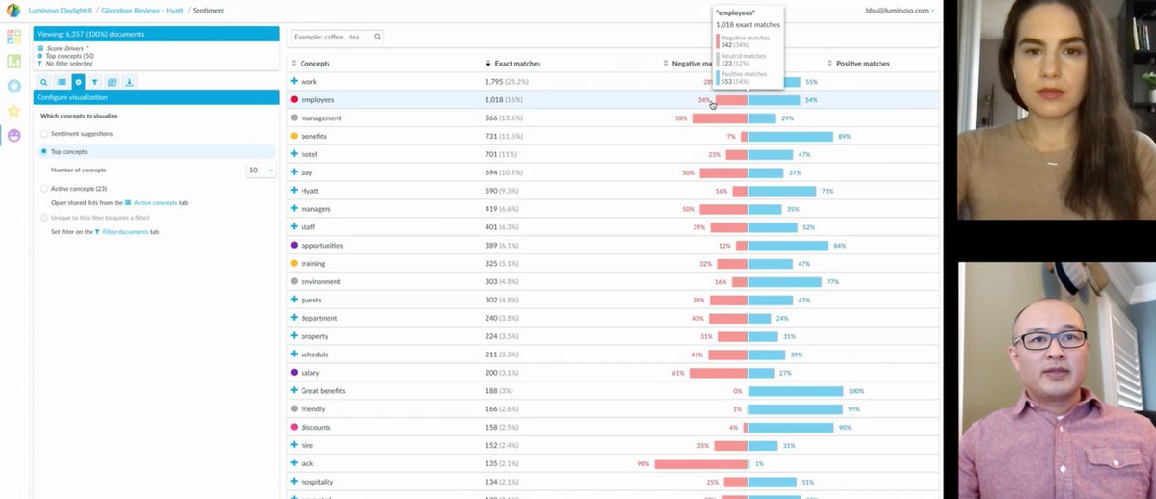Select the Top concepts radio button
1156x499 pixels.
pos(44,151)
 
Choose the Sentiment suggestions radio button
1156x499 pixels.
pos(44,134)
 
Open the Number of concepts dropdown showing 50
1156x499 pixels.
pos(261,171)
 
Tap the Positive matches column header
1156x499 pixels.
pos(862,64)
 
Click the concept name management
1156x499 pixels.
pos(321,118)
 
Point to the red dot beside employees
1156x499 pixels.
pos(294,100)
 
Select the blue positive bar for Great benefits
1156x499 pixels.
pos(796,391)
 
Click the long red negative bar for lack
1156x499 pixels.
pos(700,464)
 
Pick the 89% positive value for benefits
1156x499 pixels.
pos(844,137)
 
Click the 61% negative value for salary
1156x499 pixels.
pos(678,373)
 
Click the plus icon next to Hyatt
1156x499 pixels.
pos(294,191)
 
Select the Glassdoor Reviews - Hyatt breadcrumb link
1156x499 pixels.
pos(143,10)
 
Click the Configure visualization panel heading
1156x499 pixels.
pos(73,97)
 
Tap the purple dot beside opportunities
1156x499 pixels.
pos(294,246)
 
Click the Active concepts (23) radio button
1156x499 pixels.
pos(44,189)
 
